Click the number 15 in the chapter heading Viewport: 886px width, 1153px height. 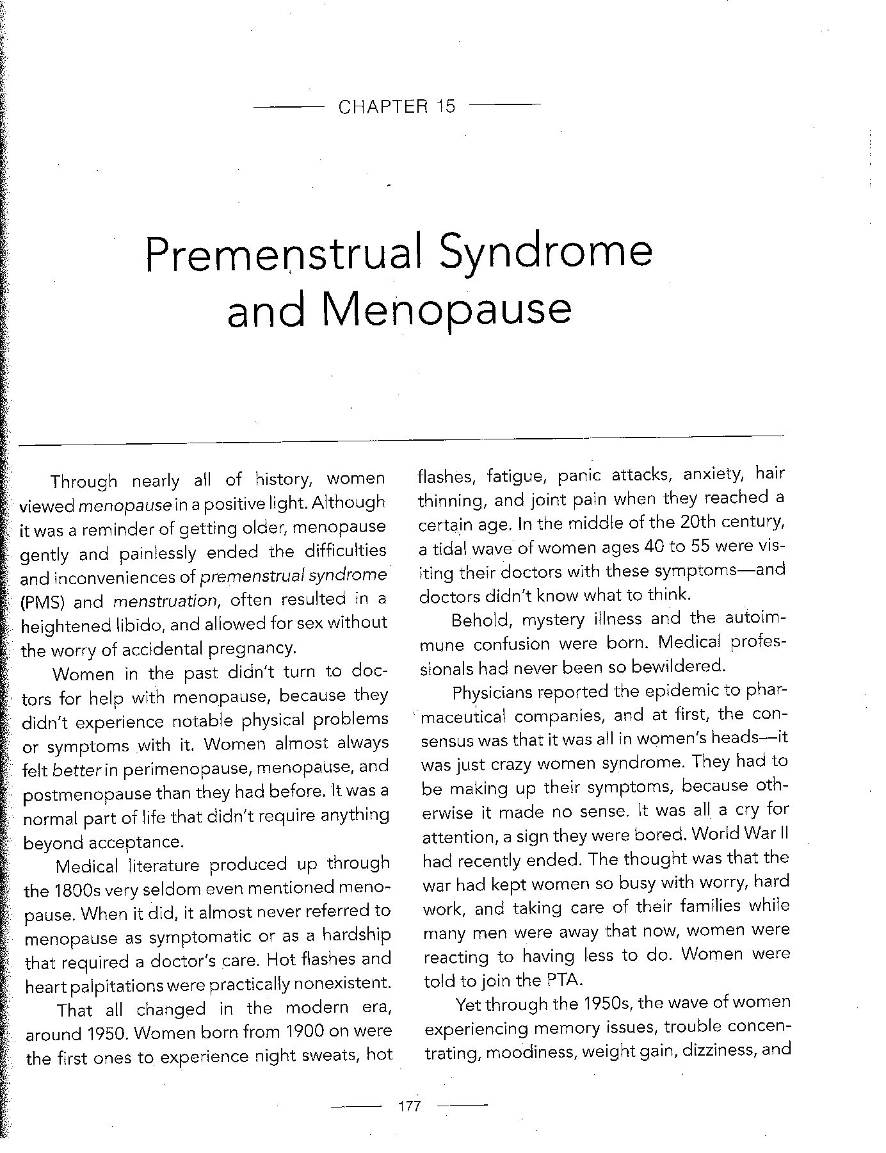(446, 106)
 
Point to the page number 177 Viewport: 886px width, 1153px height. (408, 1106)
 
